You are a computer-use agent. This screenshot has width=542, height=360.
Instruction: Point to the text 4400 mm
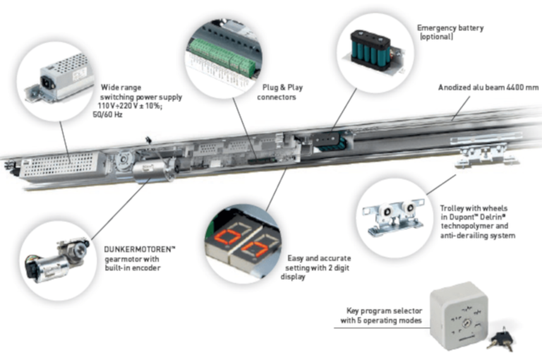pos(521,88)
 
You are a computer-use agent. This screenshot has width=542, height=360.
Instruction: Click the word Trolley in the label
pos(453,209)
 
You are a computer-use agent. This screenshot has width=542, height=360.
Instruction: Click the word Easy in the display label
pos(299,258)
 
